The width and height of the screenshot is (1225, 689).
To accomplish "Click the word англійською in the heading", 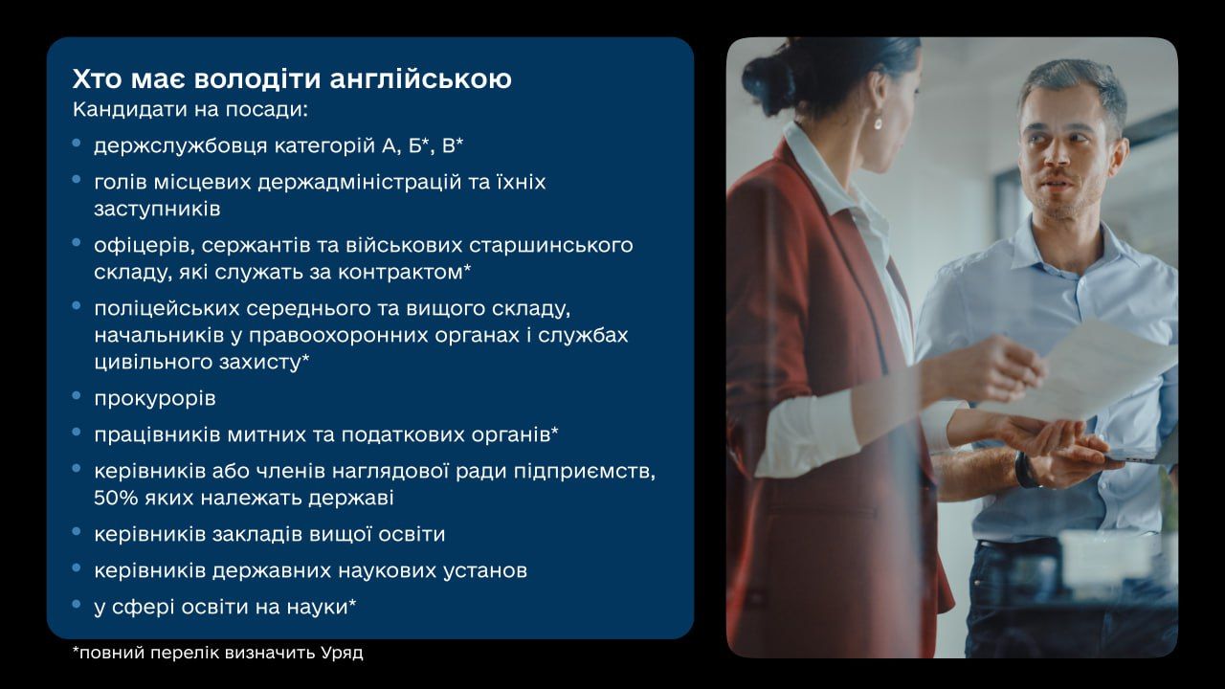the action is tap(420, 79).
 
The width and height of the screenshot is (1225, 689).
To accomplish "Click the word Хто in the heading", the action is tap(97, 78).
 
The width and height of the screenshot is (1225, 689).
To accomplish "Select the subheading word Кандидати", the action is tap(129, 110).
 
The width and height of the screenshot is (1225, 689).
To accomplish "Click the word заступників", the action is tap(157, 209).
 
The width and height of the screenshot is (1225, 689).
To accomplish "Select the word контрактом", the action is tap(401, 272).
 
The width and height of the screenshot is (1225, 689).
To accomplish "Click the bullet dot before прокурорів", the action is tap(77, 395).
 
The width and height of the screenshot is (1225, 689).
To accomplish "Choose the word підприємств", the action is tap(584, 472).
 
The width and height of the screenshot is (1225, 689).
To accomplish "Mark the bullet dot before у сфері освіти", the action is tap(77, 604).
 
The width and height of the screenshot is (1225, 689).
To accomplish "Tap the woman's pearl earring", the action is tap(878, 124).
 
